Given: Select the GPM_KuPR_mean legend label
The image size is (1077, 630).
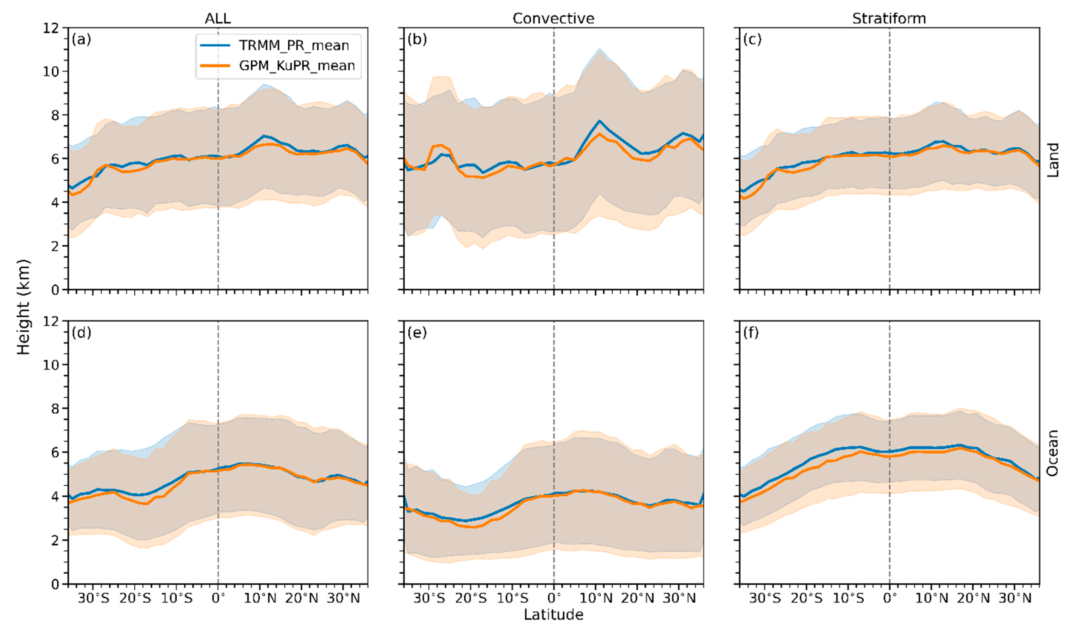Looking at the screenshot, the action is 297,65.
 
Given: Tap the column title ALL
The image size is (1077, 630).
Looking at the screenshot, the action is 218,18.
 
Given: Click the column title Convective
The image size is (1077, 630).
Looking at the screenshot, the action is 553,18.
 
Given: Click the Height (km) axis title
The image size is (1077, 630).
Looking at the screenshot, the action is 24,307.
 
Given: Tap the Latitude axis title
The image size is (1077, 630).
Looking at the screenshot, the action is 553,614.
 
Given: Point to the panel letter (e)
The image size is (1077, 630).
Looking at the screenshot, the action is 417,332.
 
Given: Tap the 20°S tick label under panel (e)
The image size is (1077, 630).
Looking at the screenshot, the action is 471,598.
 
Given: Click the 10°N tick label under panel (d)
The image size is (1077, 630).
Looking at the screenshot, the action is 260,598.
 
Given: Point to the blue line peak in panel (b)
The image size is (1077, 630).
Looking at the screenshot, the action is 600,121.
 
